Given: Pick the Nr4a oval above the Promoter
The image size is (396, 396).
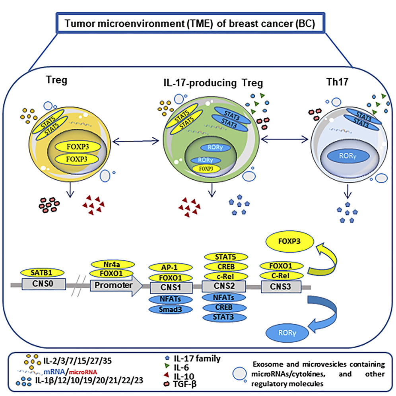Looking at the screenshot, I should [x=111, y=264].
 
